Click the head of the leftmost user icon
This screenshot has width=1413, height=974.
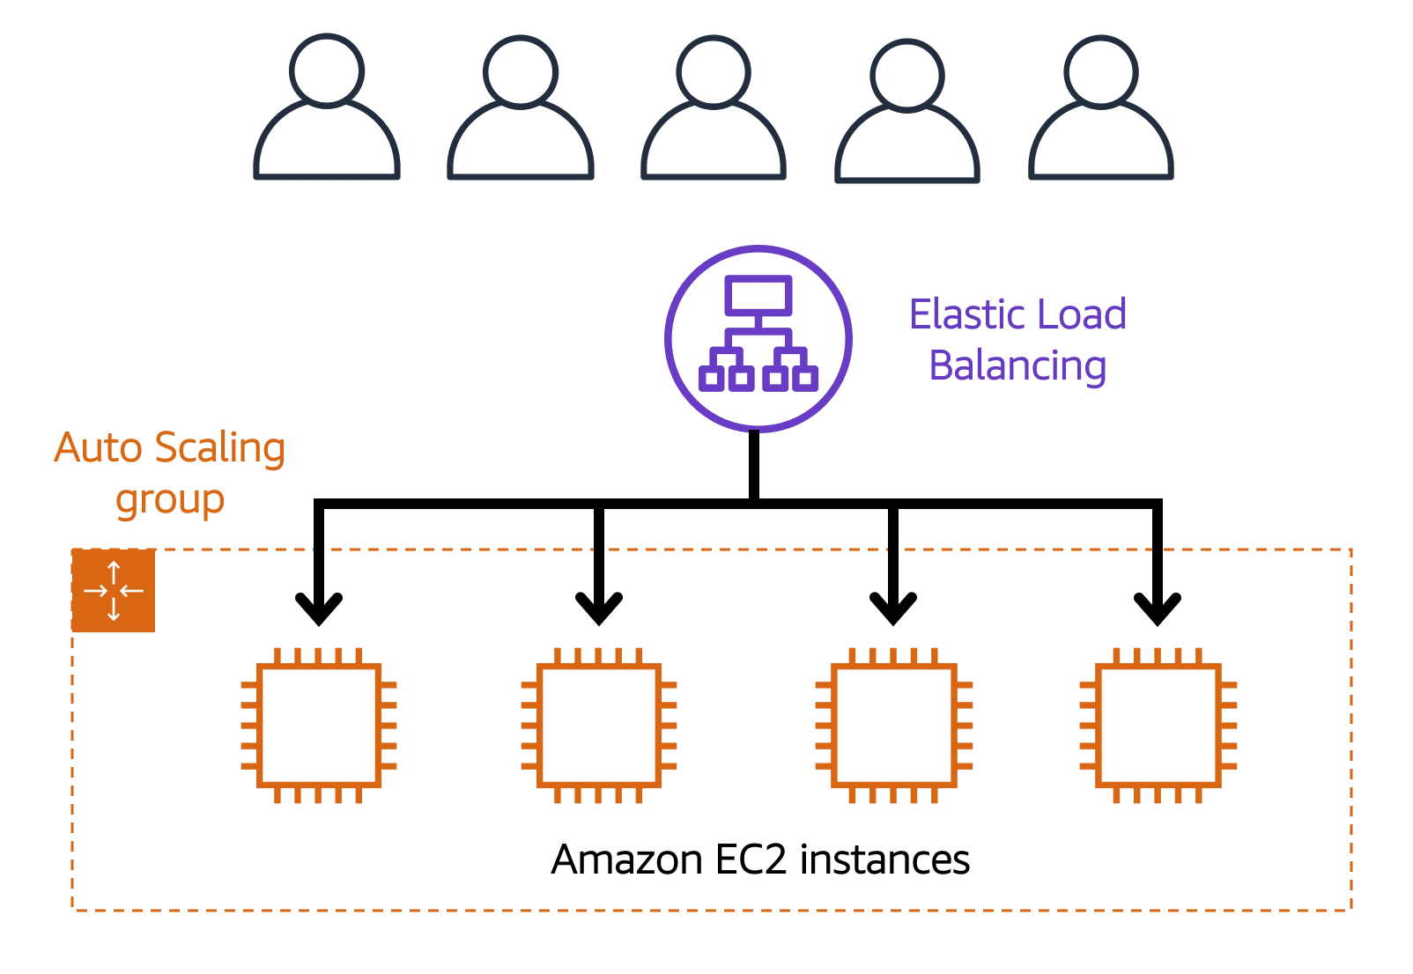tap(327, 70)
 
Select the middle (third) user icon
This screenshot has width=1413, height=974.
tap(714, 110)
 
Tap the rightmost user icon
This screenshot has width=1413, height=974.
tap(1100, 110)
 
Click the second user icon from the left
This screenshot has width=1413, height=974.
tap(521, 110)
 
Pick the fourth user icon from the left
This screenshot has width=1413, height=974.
tap(907, 113)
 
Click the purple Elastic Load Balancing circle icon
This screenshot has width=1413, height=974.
tap(758, 338)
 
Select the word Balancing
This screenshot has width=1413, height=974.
tap(1017, 365)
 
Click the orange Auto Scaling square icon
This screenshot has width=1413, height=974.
tap(114, 590)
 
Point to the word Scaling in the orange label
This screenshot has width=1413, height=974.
tap(220, 448)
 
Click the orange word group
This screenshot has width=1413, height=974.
tap(170, 500)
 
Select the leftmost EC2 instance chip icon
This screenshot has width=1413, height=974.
tap(319, 725)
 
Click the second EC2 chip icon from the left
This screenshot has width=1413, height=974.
tap(599, 725)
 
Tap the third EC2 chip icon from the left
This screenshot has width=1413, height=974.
tap(893, 725)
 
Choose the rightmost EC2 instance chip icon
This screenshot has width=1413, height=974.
tap(1158, 725)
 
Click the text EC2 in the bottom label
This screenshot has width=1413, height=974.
tap(751, 860)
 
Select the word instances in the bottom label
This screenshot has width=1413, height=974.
tap(884, 860)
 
